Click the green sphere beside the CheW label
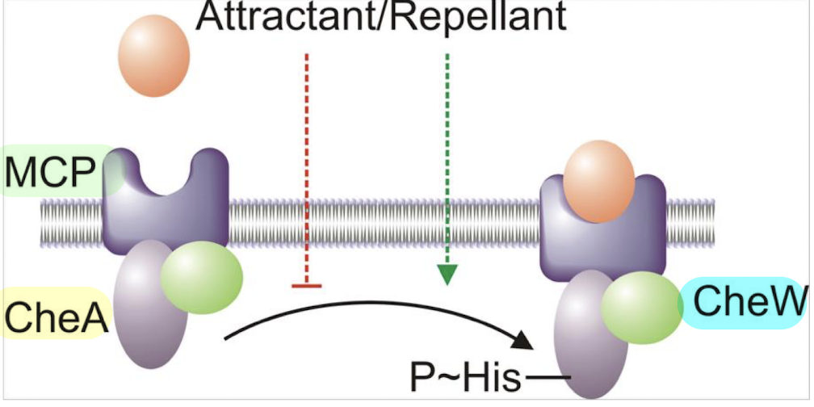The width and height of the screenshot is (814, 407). coord(642,306)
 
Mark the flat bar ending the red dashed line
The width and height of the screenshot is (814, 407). coord(307,284)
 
